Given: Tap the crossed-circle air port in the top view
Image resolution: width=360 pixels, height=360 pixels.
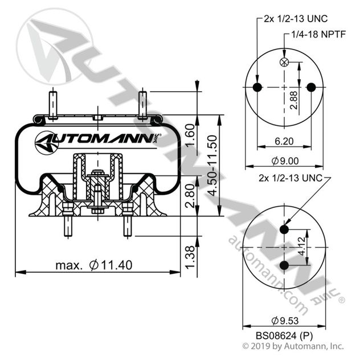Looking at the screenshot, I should [x=284, y=62].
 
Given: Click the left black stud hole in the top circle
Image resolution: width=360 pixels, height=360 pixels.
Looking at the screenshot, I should [x=257, y=87].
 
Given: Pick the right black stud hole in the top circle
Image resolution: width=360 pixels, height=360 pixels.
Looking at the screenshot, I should [x=311, y=87].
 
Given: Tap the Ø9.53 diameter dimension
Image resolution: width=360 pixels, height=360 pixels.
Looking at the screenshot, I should [x=284, y=319].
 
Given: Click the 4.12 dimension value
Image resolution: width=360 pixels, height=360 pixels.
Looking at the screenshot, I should [x=302, y=248].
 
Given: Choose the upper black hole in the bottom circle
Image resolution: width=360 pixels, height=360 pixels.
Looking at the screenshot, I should [x=284, y=230].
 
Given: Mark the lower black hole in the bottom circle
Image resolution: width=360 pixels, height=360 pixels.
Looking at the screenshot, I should [x=284, y=265].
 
